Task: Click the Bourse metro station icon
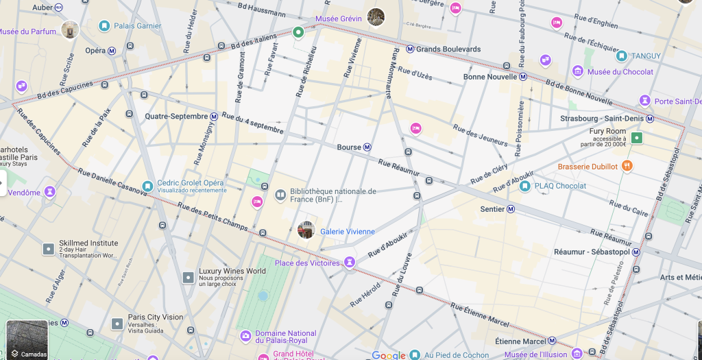tap(367, 147)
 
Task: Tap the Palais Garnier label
tap(138, 26)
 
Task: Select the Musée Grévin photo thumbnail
tap(376, 16)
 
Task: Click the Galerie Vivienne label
tap(348, 232)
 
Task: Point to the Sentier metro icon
tap(511, 209)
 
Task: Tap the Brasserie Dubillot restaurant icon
tap(627, 166)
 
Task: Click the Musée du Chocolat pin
tap(578, 71)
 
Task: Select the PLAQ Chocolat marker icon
tap(525, 186)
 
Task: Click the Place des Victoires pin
tap(350, 262)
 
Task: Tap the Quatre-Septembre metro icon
tap(214, 117)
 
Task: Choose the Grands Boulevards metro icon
tap(410, 49)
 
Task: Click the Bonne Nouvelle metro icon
tap(523, 77)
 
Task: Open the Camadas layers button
tap(27, 340)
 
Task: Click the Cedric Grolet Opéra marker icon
tap(147, 186)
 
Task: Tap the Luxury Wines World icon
tap(189, 277)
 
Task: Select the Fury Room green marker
tap(637, 138)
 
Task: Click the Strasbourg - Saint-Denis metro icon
tap(651, 118)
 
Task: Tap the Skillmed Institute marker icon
tap(49, 249)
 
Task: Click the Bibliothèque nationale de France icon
tap(280, 195)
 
